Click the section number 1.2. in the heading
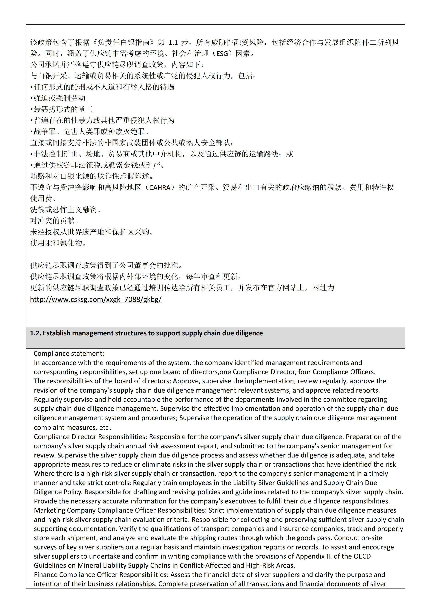coord(35,333)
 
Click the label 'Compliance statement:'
coord(69,353)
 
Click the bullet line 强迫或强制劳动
coord(59,98)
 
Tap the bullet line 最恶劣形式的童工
coord(63,109)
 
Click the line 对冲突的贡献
coord(53,221)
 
